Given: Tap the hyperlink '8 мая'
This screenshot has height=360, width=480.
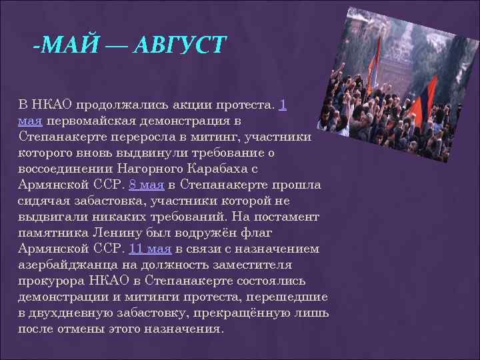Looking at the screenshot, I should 146,185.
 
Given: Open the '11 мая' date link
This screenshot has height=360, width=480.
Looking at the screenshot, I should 150,249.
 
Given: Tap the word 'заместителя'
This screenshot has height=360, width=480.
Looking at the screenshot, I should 261,265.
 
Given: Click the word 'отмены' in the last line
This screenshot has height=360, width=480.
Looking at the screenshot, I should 85,329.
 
